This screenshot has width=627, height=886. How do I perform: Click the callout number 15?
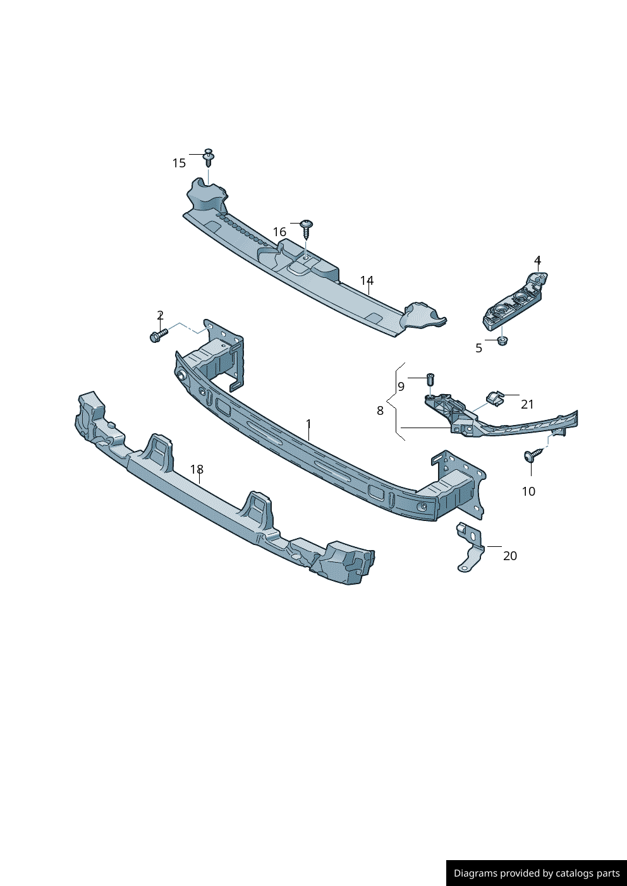pos(179,164)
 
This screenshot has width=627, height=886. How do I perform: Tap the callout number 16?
pos(279,232)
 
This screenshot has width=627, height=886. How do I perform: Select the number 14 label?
pos(367,281)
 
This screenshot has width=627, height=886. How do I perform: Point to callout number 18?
pos(197,470)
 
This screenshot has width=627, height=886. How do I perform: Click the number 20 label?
pos(509,556)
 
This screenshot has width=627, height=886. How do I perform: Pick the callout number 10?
pos(528,491)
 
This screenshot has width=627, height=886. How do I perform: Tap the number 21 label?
pos(527,405)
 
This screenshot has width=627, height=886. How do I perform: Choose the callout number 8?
pos(380,411)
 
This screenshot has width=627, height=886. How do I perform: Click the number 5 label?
pos(478,348)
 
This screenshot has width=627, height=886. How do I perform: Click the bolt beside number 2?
pos(157,335)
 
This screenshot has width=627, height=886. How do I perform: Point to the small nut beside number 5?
pos(502,341)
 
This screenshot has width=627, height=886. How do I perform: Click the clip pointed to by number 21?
pos(494,397)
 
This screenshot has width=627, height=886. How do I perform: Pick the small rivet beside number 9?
pos(430,379)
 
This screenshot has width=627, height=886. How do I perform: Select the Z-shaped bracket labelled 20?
pos(470,548)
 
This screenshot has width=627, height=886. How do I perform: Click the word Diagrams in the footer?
pos(475,873)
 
